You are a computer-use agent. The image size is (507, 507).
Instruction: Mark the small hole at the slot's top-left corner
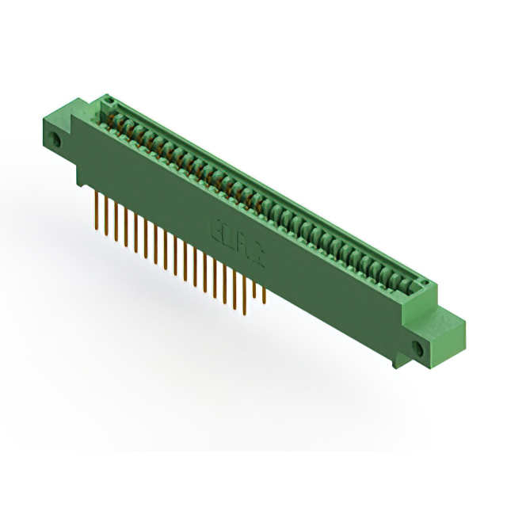pos(110,101)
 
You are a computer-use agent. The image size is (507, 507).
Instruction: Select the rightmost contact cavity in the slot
pos(407,281)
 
